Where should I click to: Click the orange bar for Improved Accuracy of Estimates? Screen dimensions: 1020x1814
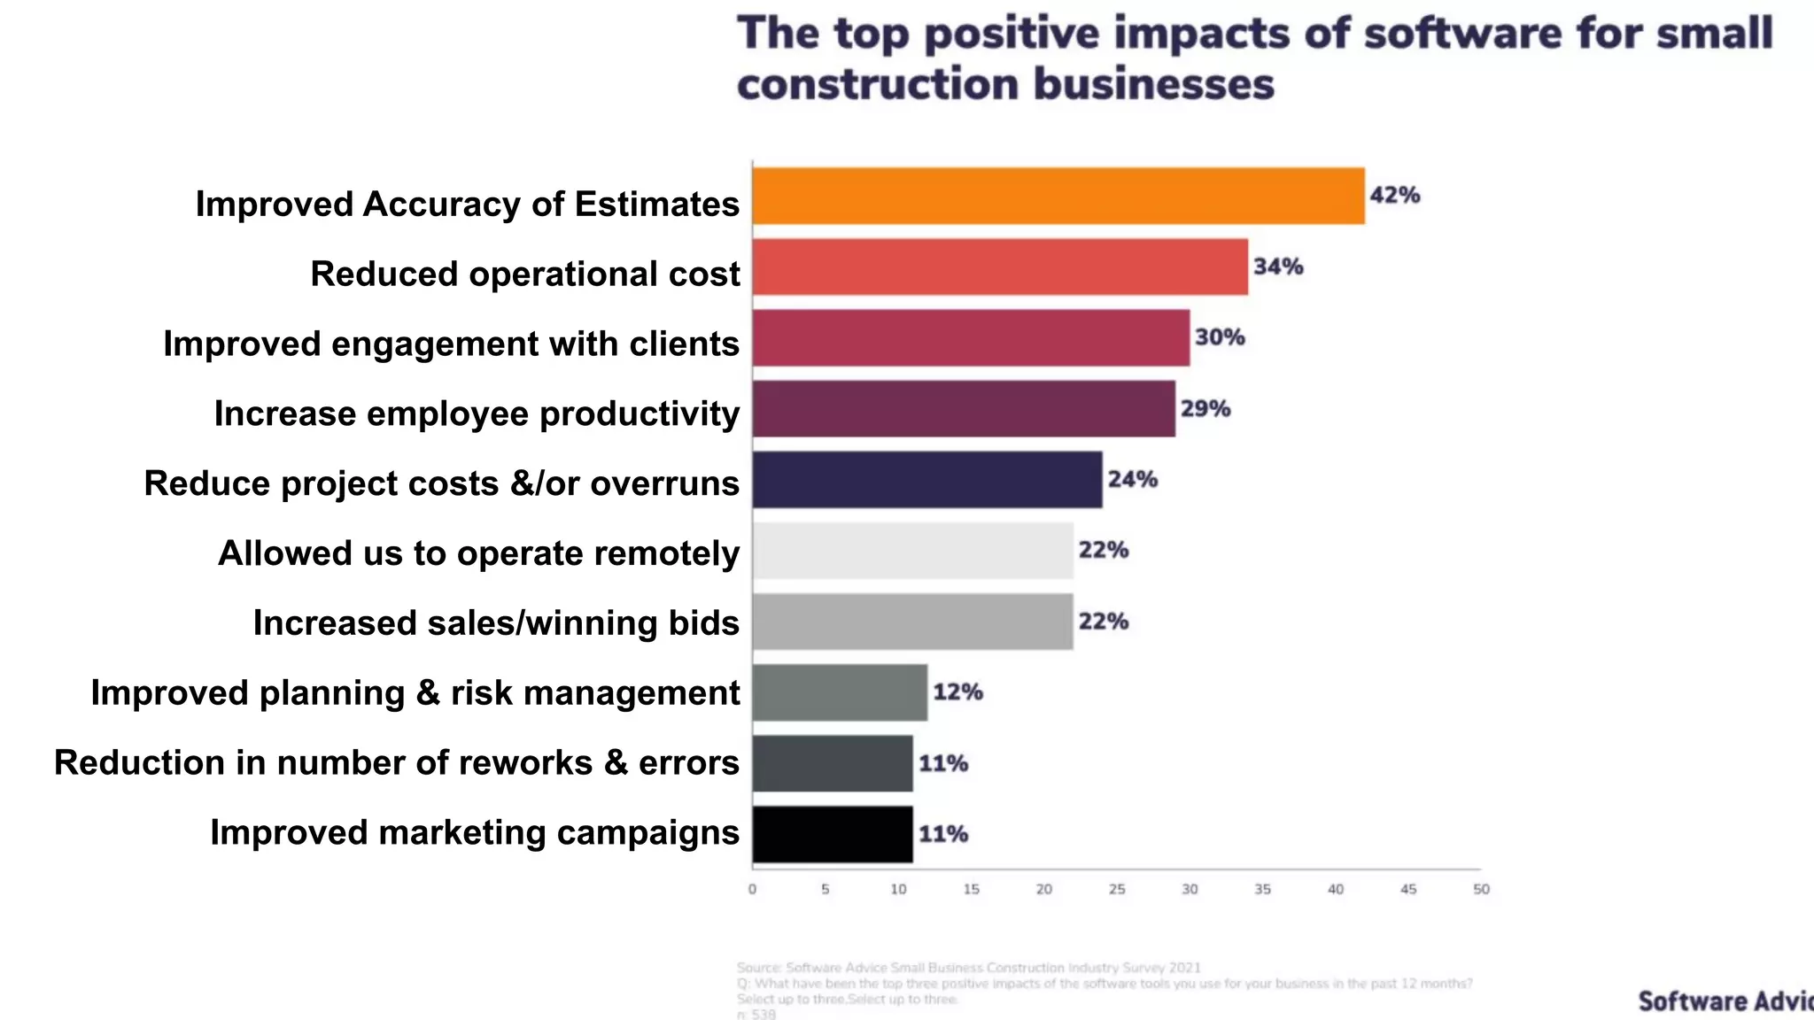(1058, 196)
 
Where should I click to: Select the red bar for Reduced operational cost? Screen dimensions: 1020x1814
(1000, 267)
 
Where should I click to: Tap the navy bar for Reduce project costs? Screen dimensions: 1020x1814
(927, 480)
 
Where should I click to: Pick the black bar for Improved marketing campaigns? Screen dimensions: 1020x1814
(833, 834)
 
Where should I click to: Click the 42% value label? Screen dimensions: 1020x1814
(1394, 195)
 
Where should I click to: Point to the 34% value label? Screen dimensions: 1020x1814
(1277, 267)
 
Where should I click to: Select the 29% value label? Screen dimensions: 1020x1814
(1205, 409)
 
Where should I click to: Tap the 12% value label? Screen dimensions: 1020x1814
(957, 692)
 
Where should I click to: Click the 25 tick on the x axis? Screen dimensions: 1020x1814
(1117, 889)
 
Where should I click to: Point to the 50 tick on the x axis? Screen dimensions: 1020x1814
(1481, 889)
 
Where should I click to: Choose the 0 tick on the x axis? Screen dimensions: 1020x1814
(752, 889)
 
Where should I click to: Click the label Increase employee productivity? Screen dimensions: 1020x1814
(477, 413)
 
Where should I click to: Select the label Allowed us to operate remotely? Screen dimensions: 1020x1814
(478, 553)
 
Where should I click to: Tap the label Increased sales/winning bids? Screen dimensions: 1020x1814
(496, 623)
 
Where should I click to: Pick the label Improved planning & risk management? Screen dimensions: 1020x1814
(415, 693)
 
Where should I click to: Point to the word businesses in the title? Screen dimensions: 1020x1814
(1153, 85)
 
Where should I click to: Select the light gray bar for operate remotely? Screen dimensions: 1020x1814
(912, 551)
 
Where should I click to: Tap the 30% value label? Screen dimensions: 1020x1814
(1219, 337)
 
